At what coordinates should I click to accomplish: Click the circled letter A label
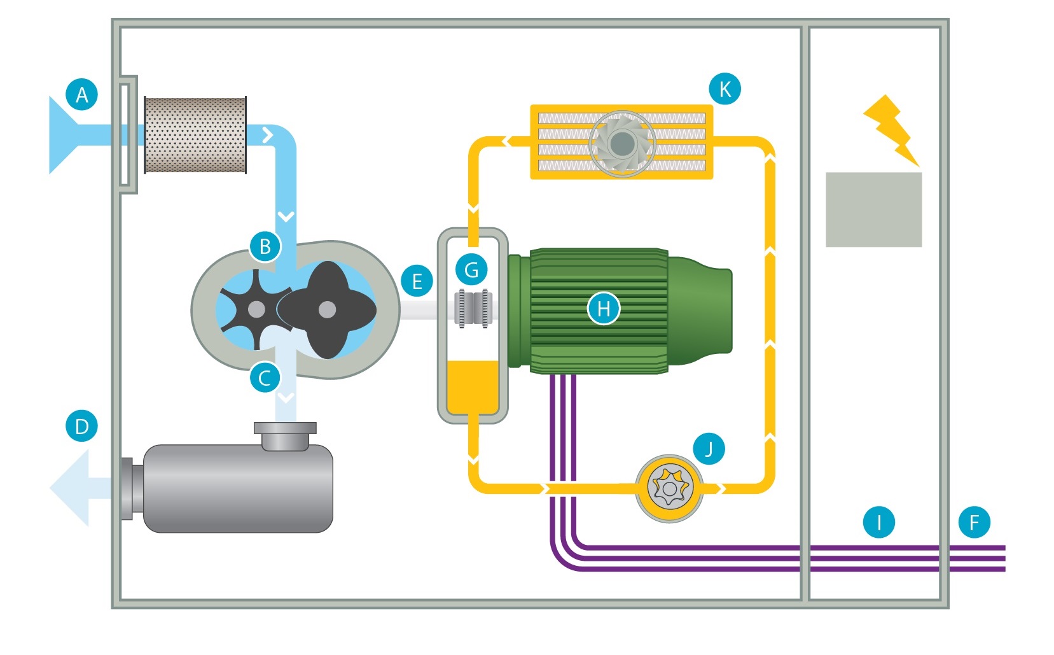[x=82, y=95]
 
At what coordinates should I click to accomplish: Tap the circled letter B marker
[x=265, y=246]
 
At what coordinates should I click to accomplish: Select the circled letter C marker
[x=265, y=378]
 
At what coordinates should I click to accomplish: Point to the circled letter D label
[x=82, y=426]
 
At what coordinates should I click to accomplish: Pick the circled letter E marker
[x=417, y=281]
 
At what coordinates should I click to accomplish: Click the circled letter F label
[x=974, y=523]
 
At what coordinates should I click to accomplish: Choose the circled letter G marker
[x=471, y=270]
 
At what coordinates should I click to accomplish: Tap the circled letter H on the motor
[x=604, y=309]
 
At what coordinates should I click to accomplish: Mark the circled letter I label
[x=879, y=523]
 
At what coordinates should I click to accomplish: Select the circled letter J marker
[x=709, y=449]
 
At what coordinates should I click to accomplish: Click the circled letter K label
[x=725, y=89]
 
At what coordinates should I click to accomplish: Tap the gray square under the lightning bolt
[x=873, y=209]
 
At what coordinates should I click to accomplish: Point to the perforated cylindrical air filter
[x=195, y=135]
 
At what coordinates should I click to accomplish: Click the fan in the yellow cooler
[x=621, y=143]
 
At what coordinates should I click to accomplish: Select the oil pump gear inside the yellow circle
[x=669, y=488]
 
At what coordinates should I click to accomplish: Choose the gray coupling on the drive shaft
[x=473, y=309]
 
